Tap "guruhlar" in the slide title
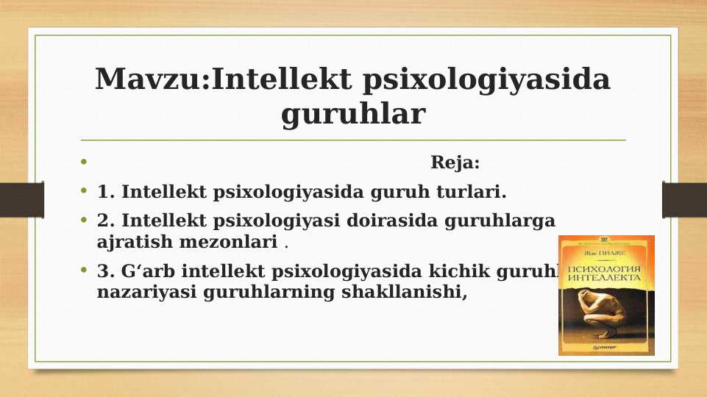pos(353,115)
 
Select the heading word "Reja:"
pos(455,162)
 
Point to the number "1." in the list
pos(106,193)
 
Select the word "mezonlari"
pos(229,240)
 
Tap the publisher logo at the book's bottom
pos(605,347)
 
